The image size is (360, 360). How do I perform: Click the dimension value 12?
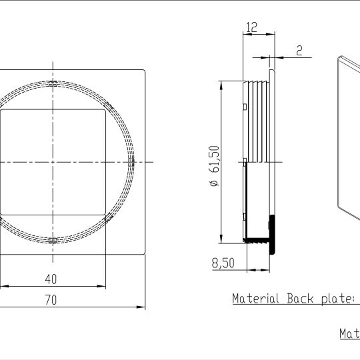tap(251, 27)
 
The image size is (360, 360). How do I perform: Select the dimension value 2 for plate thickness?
tap(299, 50)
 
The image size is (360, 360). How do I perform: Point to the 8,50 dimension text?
tap(223, 263)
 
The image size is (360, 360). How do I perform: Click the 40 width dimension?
tap(51, 278)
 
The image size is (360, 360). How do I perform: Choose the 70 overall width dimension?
tap(51, 301)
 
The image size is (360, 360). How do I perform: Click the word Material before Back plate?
tap(256, 298)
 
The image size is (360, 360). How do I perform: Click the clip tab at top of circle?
tap(52, 83)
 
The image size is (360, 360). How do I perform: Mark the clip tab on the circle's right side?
tap(131, 161)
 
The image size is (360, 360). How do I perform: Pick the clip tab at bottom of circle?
tap(52, 239)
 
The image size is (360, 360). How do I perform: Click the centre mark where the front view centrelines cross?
tap(52, 161)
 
